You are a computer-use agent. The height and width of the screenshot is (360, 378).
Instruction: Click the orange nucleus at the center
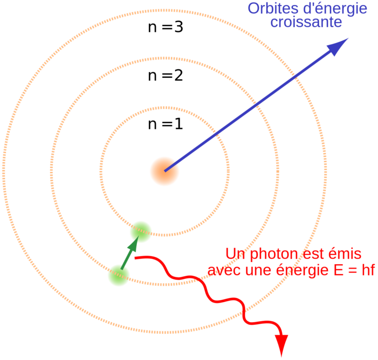coord(164,171)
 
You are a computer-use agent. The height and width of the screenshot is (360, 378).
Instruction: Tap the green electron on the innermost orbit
coord(141,232)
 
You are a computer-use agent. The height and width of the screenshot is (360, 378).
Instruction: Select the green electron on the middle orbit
coord(119,275)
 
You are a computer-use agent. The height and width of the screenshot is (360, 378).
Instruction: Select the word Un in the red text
coord(235,254)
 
